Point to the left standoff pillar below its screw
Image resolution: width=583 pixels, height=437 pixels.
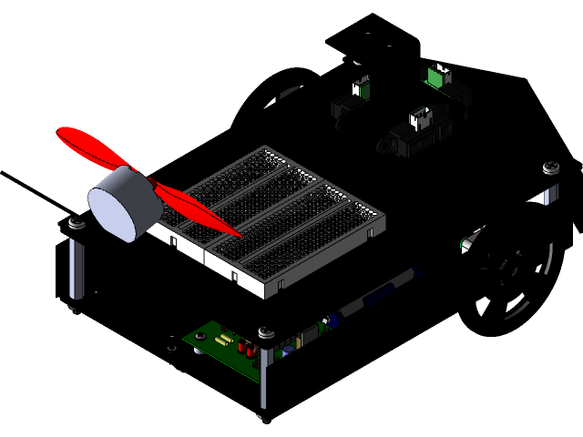(76, 269)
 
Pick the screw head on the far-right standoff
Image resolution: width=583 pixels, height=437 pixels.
(550, 168)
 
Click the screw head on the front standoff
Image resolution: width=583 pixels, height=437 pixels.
(265, 333)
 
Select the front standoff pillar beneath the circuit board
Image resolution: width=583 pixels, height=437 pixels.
(264, 378)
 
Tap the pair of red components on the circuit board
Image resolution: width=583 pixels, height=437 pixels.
(244, 347)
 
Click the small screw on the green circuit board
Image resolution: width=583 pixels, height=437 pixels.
(199, 338)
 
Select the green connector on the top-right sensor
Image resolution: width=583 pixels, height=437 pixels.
(437, 76)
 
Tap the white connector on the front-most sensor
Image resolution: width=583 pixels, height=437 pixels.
(420, 118)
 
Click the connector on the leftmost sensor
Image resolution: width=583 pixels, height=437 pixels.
(362, 87)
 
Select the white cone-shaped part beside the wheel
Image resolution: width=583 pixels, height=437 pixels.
(468, 241)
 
